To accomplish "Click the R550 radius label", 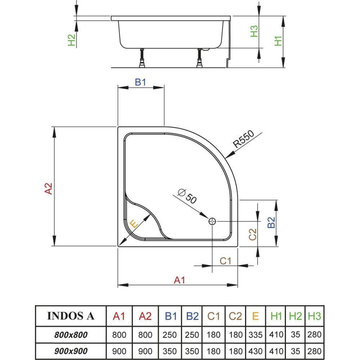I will tap(244, 139).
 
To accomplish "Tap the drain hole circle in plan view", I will tap(212, 221).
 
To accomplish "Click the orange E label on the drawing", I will tap(133, 224).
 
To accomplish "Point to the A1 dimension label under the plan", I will tap(179, 280).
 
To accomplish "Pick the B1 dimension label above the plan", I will tap(140, 82).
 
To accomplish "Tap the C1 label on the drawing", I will tap(225, 261).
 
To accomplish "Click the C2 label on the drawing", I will tap(253, 234).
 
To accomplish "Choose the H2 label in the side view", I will tap(72, 40).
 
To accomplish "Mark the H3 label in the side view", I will tap(254, 31).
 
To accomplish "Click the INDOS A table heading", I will tap(71, 316).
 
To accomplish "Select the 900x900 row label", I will tap(71, 351).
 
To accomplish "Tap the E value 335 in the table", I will tap(255, 335).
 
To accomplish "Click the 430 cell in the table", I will tap(255, 351).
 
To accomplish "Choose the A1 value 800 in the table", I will tap(119, 335).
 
